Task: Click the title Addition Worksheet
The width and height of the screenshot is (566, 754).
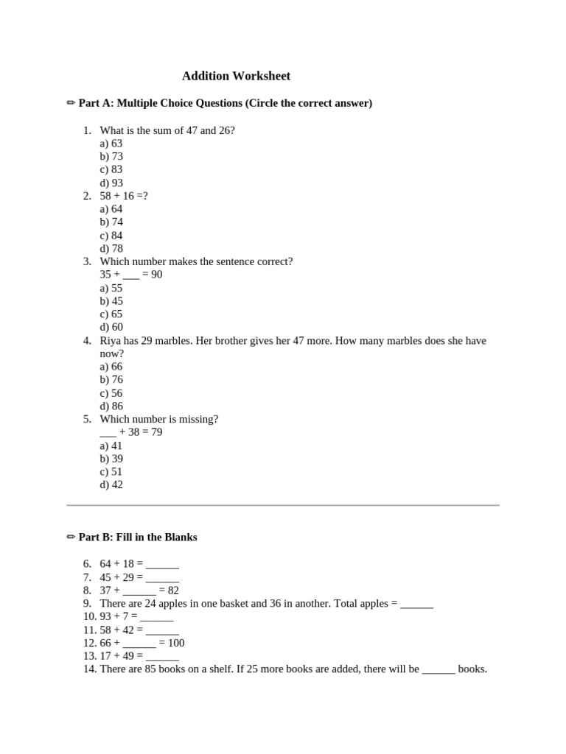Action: tap(236, 76)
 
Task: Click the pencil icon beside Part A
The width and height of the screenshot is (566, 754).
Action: tap(71, 103)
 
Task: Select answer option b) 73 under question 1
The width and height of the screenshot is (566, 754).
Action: tap(111, 157)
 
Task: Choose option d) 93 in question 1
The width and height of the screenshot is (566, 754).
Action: tap(111, 183)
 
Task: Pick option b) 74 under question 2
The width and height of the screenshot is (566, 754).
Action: tap(111, 222)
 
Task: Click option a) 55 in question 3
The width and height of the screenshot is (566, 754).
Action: tap(111, 288)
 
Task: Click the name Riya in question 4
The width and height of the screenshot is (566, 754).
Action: tap(111, 341)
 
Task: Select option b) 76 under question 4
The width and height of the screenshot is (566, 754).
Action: tap(111, 380)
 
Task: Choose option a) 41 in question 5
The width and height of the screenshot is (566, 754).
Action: tap(111, 445)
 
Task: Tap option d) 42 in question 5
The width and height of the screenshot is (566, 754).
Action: tap(111, 485)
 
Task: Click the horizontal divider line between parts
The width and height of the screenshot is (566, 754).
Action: tap(283, 505)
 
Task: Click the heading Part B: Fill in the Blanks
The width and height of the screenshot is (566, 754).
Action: tap(138, 538)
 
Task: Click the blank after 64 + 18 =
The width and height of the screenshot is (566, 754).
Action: tap(162, 565)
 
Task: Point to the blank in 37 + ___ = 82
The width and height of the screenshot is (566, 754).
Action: tap(139, 591)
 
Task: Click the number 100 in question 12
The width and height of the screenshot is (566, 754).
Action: tap(175, 643)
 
